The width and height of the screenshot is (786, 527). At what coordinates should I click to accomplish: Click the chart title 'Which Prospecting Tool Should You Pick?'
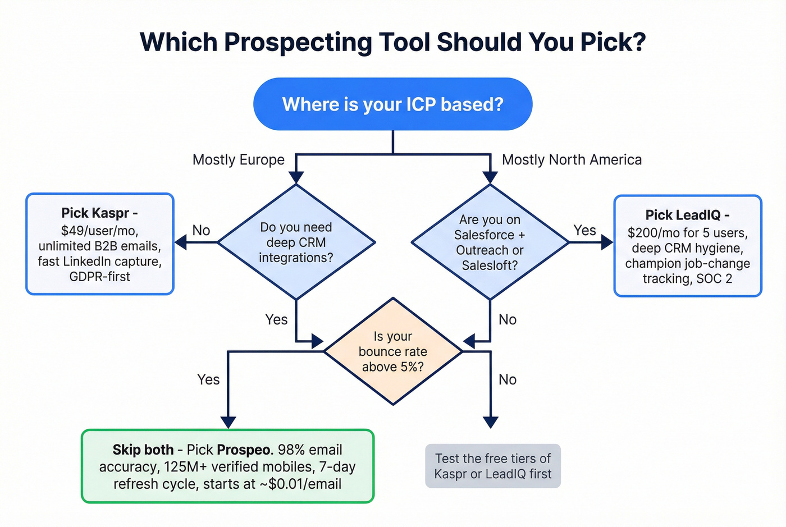pos(392,42)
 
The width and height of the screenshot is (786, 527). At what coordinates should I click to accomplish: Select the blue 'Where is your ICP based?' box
pos(392,104)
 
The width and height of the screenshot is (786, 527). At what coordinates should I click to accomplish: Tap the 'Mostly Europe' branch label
pos(238,160)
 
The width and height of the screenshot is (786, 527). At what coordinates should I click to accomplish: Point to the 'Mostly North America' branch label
pos(572,160)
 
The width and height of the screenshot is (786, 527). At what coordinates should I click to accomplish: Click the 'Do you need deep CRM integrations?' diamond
pos(296,242)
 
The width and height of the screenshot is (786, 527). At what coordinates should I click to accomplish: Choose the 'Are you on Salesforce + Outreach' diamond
pos(490,242)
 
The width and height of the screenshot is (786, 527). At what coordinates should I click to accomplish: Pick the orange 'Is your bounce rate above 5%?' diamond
pos(393,351)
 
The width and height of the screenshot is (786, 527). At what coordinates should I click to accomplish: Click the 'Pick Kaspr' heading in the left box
pos(99,213)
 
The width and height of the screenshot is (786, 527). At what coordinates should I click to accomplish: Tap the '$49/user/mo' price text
pos(99,231)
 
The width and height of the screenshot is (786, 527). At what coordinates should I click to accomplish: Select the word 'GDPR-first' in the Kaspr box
pos(99,277)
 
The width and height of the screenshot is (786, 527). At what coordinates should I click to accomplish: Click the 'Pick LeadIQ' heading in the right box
pos(687,215)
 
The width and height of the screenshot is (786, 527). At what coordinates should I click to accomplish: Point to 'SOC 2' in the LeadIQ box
pos(714,279)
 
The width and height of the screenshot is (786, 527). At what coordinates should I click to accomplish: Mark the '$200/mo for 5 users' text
pos(687,233)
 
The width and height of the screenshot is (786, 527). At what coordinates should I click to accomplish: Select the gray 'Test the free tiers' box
pos(492,466)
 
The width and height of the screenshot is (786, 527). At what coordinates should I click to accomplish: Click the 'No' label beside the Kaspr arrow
pos(201,231)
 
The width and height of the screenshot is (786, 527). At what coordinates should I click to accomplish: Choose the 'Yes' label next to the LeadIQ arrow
pos(584,231)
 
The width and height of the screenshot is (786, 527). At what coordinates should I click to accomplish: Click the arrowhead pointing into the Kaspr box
pos(181,242)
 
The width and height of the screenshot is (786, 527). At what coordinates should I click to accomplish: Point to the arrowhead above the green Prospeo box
pos(228,422)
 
